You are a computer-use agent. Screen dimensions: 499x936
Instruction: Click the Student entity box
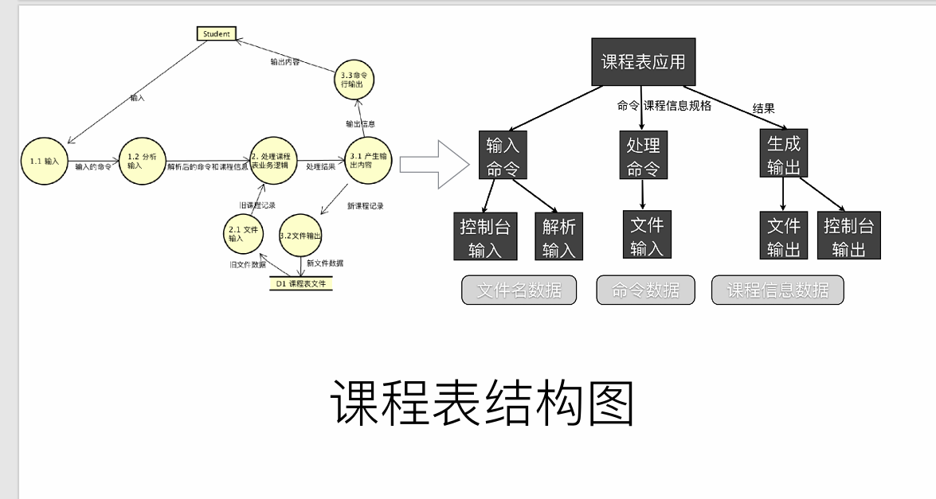pos(216,33)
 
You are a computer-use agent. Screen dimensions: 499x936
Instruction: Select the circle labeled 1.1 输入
pos(45,161)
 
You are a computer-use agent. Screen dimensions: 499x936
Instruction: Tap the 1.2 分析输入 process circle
pos(142,161)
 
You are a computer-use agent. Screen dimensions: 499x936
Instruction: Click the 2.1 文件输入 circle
pos(241,233)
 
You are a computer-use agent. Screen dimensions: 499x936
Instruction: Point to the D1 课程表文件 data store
pos(300,283)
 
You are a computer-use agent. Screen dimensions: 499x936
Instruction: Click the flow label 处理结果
pos(320,168)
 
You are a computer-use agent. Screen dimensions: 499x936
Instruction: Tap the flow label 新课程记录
pos(365,206)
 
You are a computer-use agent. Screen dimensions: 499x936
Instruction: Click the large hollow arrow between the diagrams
pos(434,165)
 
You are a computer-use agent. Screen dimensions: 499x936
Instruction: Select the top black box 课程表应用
pos(643,62)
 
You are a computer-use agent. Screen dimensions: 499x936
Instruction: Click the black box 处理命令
pos(643,156)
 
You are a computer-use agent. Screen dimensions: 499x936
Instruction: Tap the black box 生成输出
pos(783,154)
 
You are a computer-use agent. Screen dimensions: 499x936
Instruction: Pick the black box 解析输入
pos(558,236)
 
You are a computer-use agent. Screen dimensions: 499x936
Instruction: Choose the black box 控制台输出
pos(848,236)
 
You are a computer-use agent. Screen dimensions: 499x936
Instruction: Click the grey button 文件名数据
pos(519,290)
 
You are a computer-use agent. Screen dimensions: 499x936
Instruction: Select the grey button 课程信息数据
pos(777,290)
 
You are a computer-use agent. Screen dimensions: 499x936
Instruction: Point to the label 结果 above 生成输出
pos(763,108)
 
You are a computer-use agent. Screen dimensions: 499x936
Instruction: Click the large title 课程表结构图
pos(482,403)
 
